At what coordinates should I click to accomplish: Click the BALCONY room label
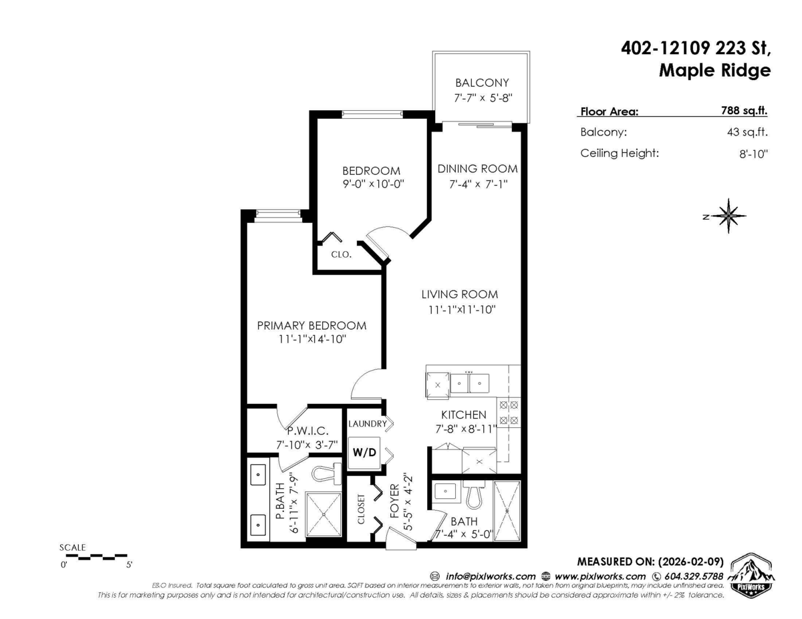(x=482, y=83)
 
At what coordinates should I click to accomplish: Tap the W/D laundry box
(x=364, y=452)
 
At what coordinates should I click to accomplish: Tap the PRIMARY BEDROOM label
(x=312, y=326)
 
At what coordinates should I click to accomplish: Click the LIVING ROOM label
(x=459, y=294)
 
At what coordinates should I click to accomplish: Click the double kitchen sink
(x=470, y=383)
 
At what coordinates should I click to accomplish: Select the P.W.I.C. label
(x=307, y=431)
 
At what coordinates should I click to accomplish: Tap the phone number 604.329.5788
(x=692, y=576)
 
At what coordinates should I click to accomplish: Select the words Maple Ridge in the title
(x=714, y=70)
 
